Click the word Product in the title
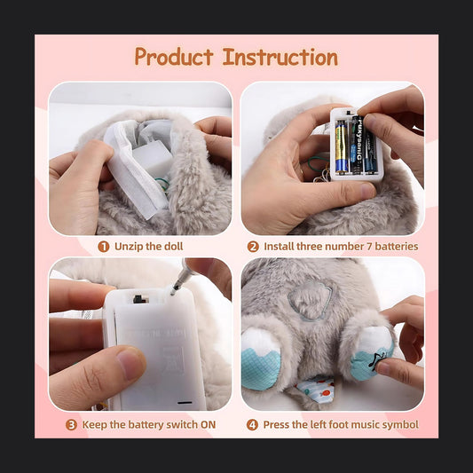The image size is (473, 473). pyautogui.click(x=174, y=57)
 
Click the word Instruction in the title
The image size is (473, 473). pyautogui.click(x=280, y=57)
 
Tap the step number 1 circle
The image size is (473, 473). pyautogui.click(x=104, y=247)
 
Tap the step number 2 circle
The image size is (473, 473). pyautogui.click(x=253, y=247)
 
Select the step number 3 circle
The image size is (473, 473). pyautogui.click(x=71, y=425)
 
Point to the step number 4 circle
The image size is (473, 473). pyautogui.click(x=252, y=425)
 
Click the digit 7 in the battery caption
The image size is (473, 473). pyautogui.click(x=369, y=247)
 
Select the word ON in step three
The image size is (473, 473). pyautogui.click(x=209, y=425)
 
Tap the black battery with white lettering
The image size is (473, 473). pyautogui.click(x=357, y=144)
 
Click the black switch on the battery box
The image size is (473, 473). pyautogui.click(x=138, y=299)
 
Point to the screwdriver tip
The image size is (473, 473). pyautogui.click(x=173, y=292)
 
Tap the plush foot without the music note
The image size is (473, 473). pyautogui.click(x=261, y=359)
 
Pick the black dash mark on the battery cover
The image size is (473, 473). pyautogui.click(x=185, y=402)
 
